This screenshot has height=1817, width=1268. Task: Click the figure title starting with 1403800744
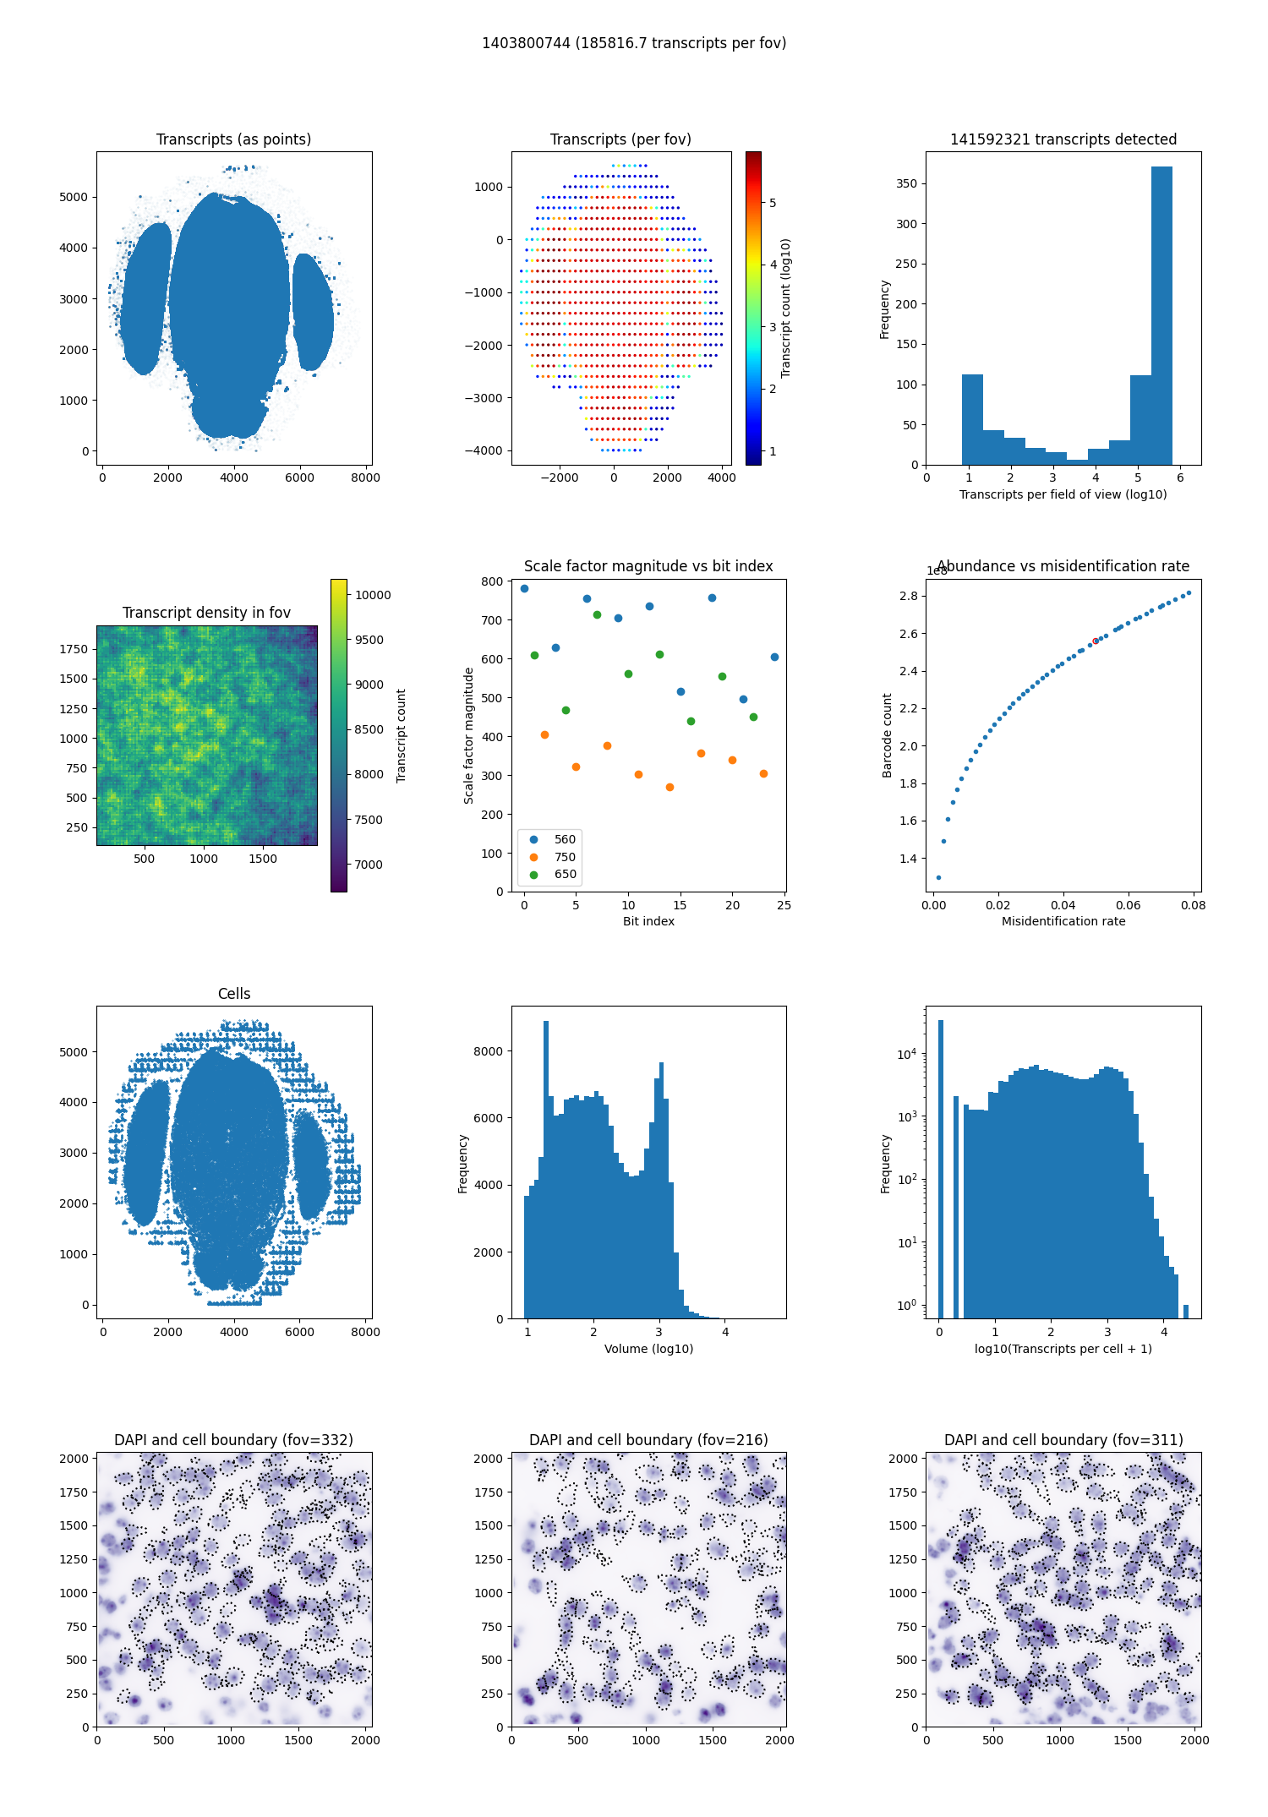(634, 43)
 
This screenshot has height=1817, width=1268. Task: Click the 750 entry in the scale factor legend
(565, 857)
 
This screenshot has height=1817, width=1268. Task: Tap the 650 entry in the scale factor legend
(565, 875)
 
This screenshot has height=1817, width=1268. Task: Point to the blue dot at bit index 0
(524, 588)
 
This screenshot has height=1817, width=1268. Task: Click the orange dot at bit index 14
(670, 787)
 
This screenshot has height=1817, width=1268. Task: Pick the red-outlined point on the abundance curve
(1096, 641)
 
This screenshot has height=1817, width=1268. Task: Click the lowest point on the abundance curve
(938, 877)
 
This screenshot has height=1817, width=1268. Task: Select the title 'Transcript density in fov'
(206, 613)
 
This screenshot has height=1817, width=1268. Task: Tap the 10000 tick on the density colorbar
(373, 595)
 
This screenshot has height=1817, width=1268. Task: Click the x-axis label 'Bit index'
(648, 921)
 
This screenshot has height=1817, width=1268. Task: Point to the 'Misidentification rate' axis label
(1063, 921)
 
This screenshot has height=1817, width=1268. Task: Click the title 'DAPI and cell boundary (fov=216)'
(648, 1440)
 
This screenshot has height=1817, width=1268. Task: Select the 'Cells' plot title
(234, 994)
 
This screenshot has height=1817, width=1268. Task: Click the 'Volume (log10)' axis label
(648, 1349)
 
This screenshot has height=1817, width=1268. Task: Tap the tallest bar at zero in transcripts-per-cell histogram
(940, 1166)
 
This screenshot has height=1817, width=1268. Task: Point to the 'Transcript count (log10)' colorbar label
(785, 308)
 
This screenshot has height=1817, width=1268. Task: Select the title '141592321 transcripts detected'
(1063, 139)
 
